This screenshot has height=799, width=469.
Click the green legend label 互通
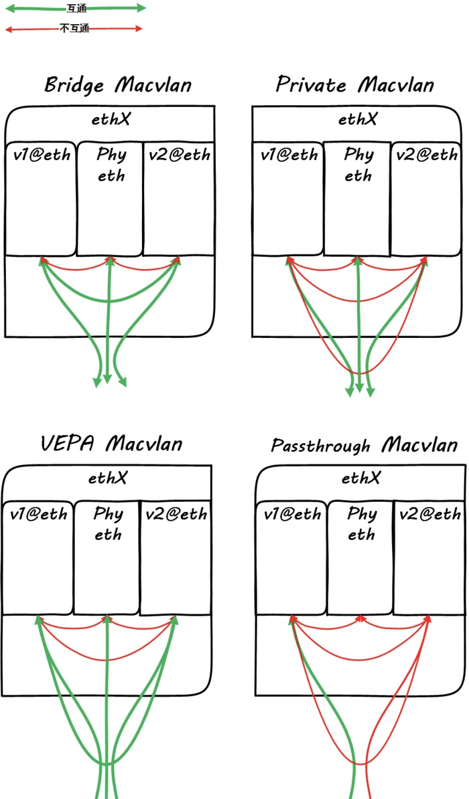coord(76,9)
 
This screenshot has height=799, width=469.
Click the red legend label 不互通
coord(74,29)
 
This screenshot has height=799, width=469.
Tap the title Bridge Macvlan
coord(118,85)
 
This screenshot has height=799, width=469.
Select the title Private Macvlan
coord(354,84)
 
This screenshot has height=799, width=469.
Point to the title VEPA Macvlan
coord(111,443)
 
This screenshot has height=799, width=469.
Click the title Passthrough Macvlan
coord(364,445)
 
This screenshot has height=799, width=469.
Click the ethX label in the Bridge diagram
coord(111,119)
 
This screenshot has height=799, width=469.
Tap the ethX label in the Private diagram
coord(358,119)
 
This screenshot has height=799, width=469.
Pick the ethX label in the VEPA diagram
coord(108,478)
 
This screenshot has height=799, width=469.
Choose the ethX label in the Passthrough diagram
coord(361,478)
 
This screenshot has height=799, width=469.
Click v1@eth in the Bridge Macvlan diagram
coord(42,155)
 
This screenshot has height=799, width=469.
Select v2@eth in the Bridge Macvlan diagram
coord(179,155)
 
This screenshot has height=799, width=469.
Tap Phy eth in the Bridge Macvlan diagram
coord(111,165)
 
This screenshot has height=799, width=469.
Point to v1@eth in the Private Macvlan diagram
coord(289,155)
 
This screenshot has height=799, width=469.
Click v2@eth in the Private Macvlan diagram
coord(427,155)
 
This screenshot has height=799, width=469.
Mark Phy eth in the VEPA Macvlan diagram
coord(108,524)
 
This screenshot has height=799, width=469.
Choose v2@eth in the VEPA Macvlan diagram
coord(176,514)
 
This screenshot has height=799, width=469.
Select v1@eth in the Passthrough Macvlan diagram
coord(292,514)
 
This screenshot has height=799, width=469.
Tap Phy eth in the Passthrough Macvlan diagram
coord(361,524)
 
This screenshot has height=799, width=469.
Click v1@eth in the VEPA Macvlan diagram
coord(39,514)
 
